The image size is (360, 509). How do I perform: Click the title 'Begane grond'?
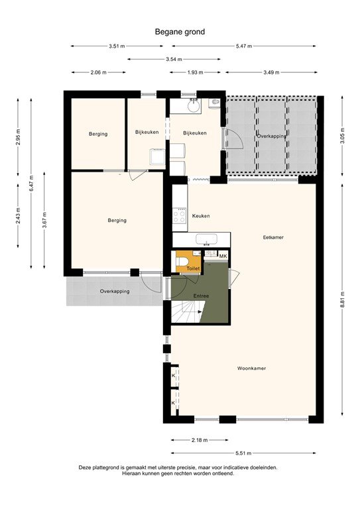click(x=180, y=31)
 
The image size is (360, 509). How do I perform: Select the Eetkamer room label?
click(x=273, y=237)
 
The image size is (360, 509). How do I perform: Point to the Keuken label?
click(x=201, y=216)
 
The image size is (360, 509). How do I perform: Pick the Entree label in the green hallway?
click(x=201, y=296)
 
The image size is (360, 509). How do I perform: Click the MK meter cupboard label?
click(x=223, y=256)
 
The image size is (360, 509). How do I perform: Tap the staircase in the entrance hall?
click(x=185, y=310)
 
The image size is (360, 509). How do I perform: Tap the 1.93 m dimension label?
click(x=194, y=72)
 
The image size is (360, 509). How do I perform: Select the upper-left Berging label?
click(x=98, y=134)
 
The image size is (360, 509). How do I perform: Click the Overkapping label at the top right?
click(x=272, y=136)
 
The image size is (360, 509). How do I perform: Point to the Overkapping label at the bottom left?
click(x=115, y=291)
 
